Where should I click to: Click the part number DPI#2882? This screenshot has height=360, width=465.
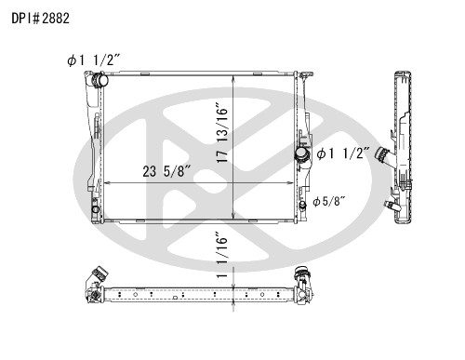(x=40, y=19)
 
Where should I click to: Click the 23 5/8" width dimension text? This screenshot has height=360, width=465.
(x=166, y=171)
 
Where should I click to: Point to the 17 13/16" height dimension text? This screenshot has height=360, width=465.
(x=222, y=132)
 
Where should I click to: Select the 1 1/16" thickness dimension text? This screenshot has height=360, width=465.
(x=222, y=255)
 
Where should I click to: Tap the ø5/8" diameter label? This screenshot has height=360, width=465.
(x=329, y=202)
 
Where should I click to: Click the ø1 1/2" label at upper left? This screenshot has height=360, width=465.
(x=93, y=60)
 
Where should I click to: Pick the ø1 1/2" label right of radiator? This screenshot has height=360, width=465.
(x=343, y=153)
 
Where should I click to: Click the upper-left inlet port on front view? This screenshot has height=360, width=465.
(x=100, y=80)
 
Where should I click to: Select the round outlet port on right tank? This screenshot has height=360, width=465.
(x=300, y=153)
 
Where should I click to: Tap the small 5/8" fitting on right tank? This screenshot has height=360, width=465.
(x=302, y=205)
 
